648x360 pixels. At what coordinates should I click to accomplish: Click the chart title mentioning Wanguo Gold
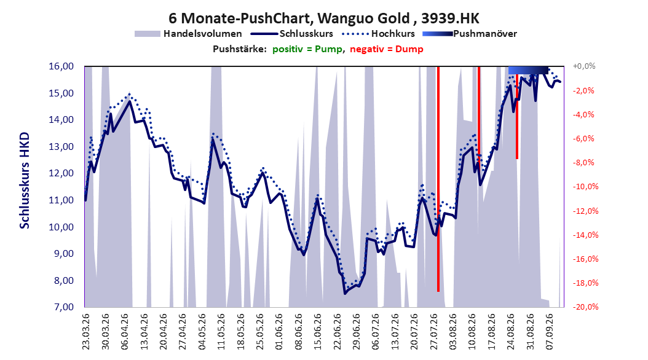[324, 18]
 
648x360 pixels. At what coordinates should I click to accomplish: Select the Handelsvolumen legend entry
[189, 34]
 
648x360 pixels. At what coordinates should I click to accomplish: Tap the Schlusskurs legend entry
[292, 34]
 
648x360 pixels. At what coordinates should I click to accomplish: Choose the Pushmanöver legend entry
[470, 34]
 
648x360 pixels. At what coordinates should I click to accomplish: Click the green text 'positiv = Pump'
[307, 49]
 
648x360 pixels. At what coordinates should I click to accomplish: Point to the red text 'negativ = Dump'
[387, 49]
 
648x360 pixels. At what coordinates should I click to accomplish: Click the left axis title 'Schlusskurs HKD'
[25, 181]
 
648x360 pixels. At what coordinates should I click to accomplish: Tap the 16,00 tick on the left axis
[61, 66]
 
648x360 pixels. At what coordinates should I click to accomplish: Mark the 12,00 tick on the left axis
[61, 173]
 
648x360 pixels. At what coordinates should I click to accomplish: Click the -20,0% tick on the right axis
[585, 307]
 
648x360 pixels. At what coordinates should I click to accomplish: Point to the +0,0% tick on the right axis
[584, 66]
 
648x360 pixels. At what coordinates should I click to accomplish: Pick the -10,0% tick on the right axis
[585, 187]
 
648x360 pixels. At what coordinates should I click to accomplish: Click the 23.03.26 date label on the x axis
[86, 332]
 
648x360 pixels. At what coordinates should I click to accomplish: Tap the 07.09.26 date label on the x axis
[549, 332]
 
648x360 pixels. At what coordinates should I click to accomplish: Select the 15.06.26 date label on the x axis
[317, 332]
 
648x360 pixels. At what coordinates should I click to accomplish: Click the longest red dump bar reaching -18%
[438, 179]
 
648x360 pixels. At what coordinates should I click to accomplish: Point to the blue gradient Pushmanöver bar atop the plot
[529, 70]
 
